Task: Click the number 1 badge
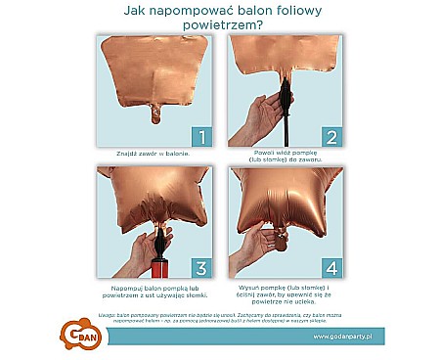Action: pos(198,136)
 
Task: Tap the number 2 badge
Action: pos(330,136)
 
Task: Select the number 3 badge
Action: pos(198,266)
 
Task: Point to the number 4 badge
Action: pos(330,266)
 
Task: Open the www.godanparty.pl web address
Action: pos(350,336)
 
